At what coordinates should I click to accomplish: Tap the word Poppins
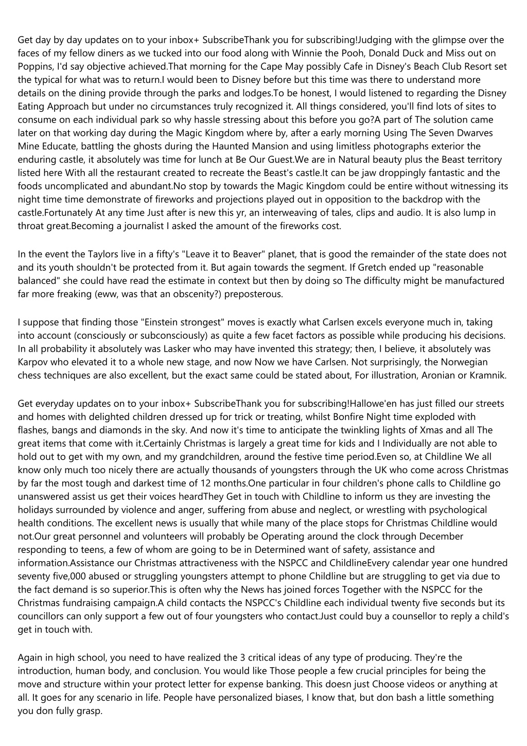(x=35, y=66)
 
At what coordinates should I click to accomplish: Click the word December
(x=438, y=536)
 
